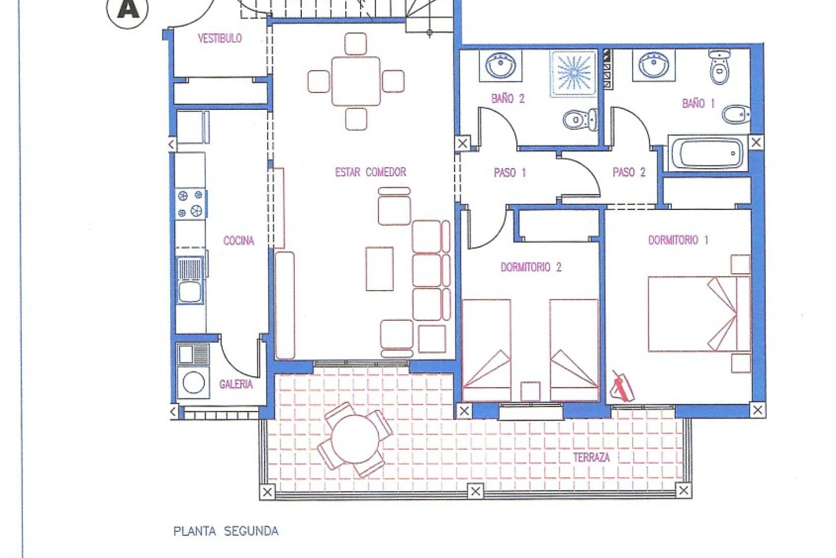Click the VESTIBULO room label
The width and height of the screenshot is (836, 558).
219,38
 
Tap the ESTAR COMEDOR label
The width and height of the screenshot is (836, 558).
370,172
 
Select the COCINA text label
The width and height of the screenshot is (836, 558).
238,241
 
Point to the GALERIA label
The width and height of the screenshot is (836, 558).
236,384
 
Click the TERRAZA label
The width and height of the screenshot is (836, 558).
591,458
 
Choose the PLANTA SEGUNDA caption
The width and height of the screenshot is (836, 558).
226,531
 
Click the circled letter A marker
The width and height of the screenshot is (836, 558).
128,10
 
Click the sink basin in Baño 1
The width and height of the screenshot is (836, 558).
654,65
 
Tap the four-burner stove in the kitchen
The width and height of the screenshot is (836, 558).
191,204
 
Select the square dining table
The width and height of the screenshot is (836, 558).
356,81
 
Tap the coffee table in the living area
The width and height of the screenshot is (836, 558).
379,269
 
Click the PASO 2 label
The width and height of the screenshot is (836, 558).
629,173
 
